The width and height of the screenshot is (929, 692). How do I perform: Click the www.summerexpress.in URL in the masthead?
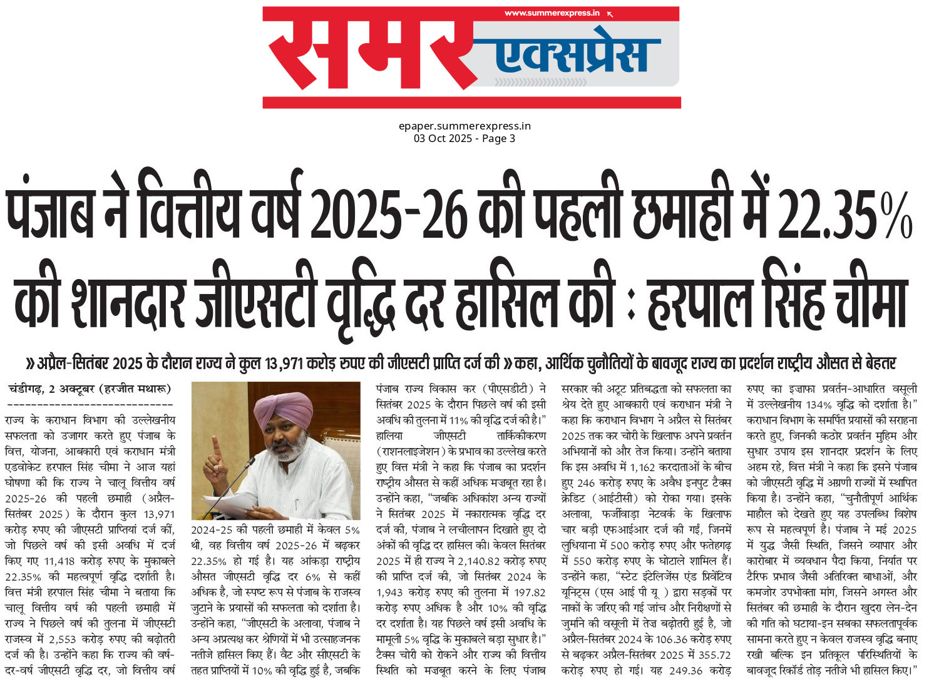point(552,13)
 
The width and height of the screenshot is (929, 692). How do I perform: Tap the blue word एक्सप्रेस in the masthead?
point(571,55)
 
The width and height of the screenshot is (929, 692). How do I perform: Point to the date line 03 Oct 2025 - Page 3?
point(464,138)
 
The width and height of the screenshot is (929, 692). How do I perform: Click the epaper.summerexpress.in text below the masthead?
point(464,126)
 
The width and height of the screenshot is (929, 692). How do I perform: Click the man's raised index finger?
point(216,447)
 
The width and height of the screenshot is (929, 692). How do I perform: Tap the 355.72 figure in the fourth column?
point(714,655)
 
